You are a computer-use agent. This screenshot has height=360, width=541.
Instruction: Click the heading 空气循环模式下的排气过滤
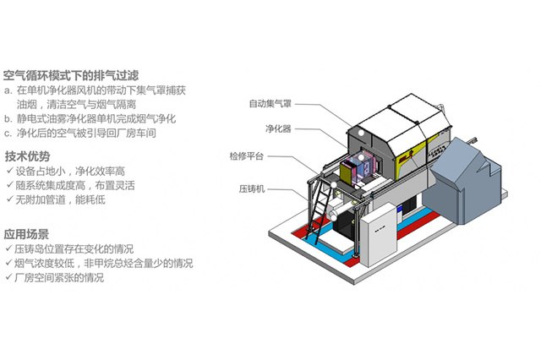click(71, 74)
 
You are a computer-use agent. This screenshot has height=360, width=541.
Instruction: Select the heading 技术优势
click(28, 156)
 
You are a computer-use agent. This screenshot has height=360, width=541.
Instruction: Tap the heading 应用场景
click(28, 234)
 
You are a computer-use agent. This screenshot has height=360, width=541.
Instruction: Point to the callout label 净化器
click(278, 129)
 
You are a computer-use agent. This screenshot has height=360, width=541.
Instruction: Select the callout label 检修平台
click(247, 156)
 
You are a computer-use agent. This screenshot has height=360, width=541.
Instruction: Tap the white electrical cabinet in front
click(380, 233)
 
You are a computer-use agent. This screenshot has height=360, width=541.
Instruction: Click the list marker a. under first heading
click(8, 89)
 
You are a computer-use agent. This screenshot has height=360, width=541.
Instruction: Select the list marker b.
click(8, 118)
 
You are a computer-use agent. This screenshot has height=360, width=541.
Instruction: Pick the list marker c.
click(8, 133)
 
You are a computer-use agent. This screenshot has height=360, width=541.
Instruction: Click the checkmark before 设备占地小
click(8, 171)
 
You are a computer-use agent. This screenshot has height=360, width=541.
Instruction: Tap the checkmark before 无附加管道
click(8, 199)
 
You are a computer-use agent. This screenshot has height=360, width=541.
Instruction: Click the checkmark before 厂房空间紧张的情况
click(8, 277)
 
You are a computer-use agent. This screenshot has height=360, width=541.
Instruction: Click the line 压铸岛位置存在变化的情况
click(74, 249)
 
